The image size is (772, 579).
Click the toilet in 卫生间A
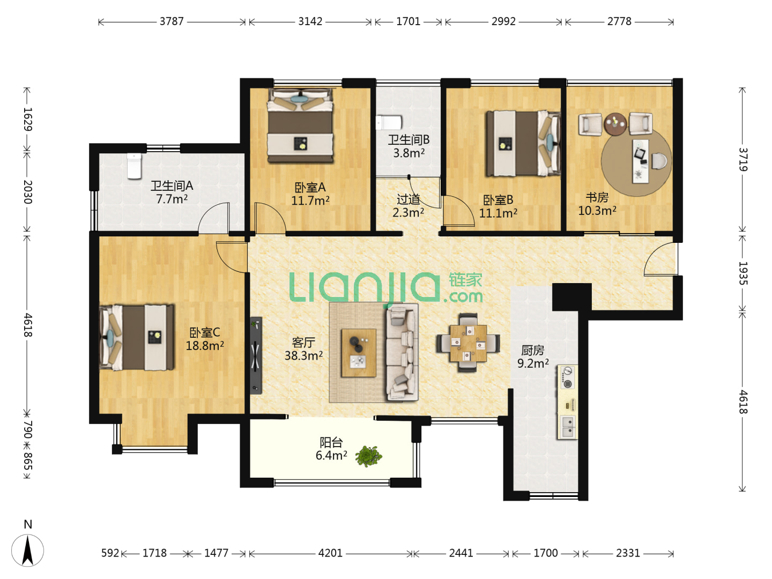(x=134, y=166)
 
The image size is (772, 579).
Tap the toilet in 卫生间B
(x=389, y=123)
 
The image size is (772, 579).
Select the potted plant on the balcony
(x=368, y=456)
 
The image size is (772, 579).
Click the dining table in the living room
(x=468, y=343)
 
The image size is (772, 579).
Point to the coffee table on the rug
(x=359, y=353)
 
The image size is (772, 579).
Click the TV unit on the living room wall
(x=256, y=355)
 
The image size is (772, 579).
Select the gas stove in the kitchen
(x=567, y=377)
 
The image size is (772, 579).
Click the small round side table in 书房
(x=615, y=123)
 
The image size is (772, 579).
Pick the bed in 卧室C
(x=137, y=338)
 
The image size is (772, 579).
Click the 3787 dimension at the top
(x=172, y=21)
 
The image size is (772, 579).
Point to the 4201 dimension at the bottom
(x=330, y=553)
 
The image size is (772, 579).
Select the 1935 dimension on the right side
(x=743, y=273)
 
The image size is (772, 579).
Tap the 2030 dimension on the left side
(x=27, y=192)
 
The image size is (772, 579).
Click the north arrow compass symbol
(x=27, y=550)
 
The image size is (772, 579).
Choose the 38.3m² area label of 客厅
(x=303, y=355)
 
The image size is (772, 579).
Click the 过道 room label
(x=409, y=199)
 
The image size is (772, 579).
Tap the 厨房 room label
(x=533, y=350)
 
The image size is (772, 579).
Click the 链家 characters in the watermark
(x=465, y=280)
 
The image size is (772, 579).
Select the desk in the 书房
(x=641, y=161)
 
